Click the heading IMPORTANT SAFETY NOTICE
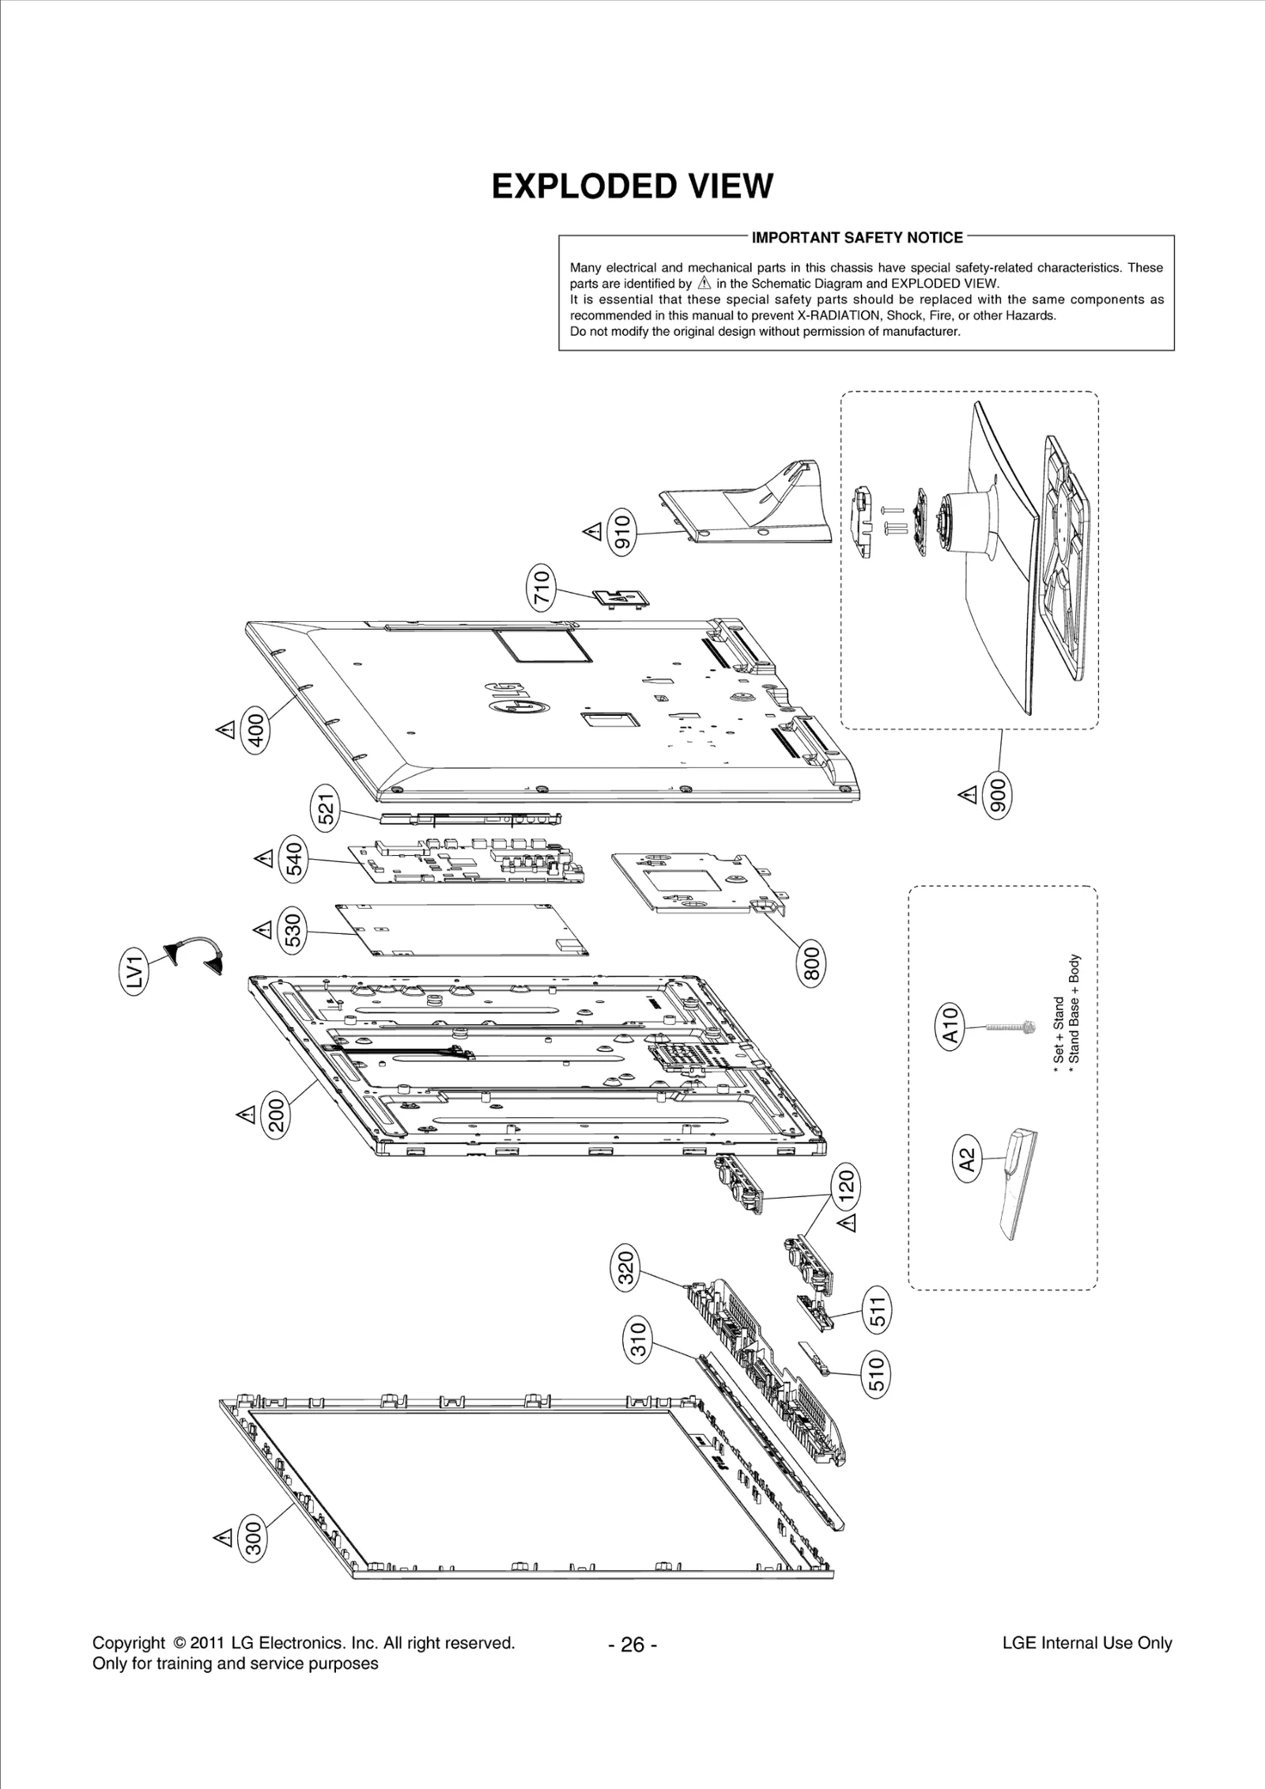coord(857,238)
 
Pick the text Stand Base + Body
coord(1074,1013)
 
